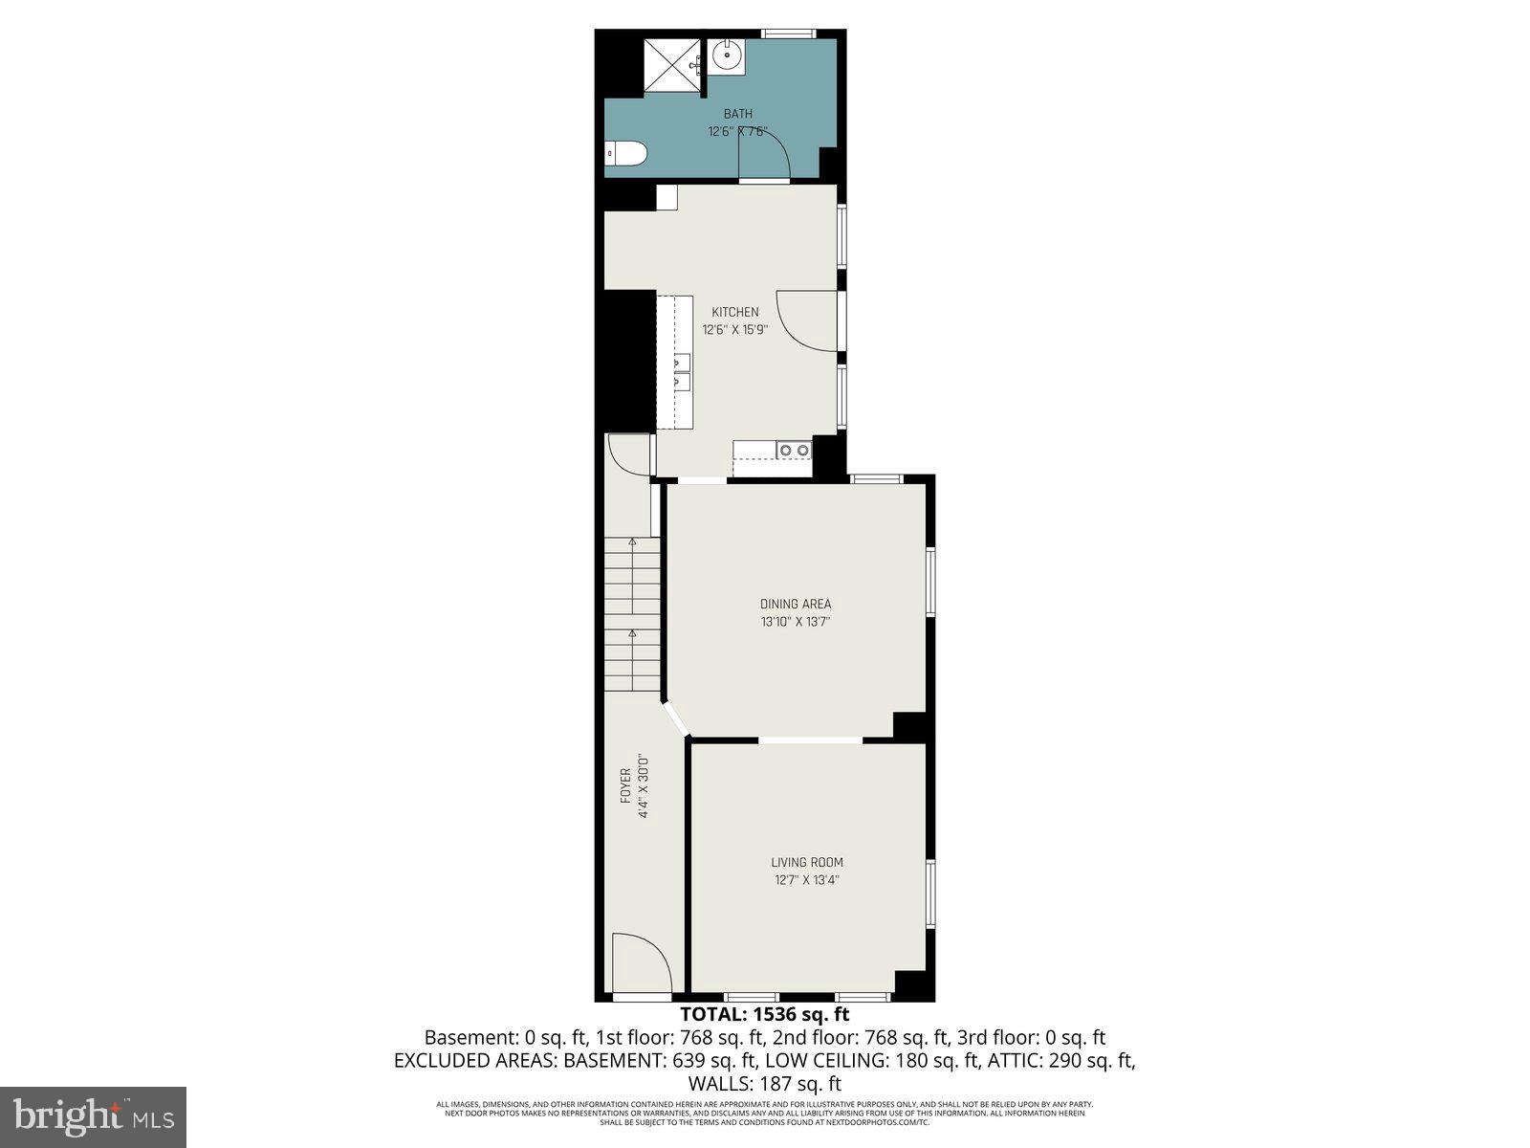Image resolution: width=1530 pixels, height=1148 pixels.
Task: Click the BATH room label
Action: point(737,115)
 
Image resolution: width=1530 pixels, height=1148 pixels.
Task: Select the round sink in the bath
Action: point(726,55)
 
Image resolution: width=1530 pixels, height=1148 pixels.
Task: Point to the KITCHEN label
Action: point(735,312)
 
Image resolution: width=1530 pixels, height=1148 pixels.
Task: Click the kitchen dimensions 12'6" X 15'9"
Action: point(735,330)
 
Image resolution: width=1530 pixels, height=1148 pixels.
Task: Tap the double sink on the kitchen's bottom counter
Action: point(793,450)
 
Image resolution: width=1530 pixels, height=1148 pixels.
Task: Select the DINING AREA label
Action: point(796,604)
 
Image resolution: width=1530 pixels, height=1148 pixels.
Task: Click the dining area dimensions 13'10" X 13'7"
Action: point(796,622)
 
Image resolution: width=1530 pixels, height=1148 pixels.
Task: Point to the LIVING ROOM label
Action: point(807,862)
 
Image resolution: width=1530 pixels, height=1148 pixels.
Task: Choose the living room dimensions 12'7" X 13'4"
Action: point(807,880)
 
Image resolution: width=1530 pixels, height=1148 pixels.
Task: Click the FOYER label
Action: point(625,784)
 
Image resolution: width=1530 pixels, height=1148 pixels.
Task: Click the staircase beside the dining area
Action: point(632,612)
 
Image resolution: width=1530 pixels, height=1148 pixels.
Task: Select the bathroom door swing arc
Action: point(765,153)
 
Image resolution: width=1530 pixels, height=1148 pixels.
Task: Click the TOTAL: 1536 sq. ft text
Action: point(764,1014)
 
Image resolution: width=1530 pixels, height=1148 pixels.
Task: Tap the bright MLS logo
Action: point(93,1115)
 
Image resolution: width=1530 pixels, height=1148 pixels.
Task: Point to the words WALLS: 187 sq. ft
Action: point(764,1084)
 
